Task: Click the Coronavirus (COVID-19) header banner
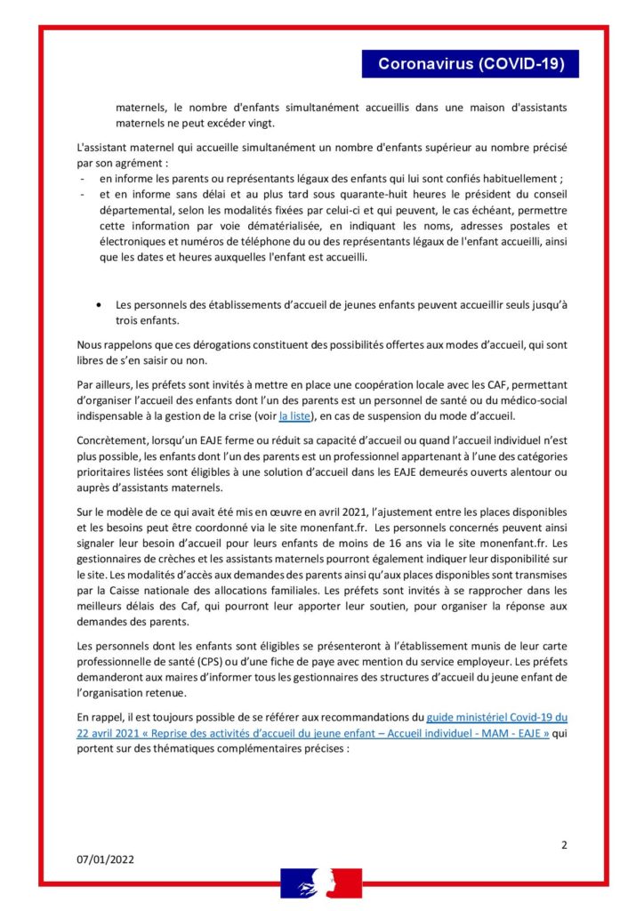(471, 64)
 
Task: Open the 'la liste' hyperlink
(296, 415)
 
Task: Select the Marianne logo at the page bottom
(321, 883)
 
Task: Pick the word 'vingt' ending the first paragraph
(260, 123)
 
